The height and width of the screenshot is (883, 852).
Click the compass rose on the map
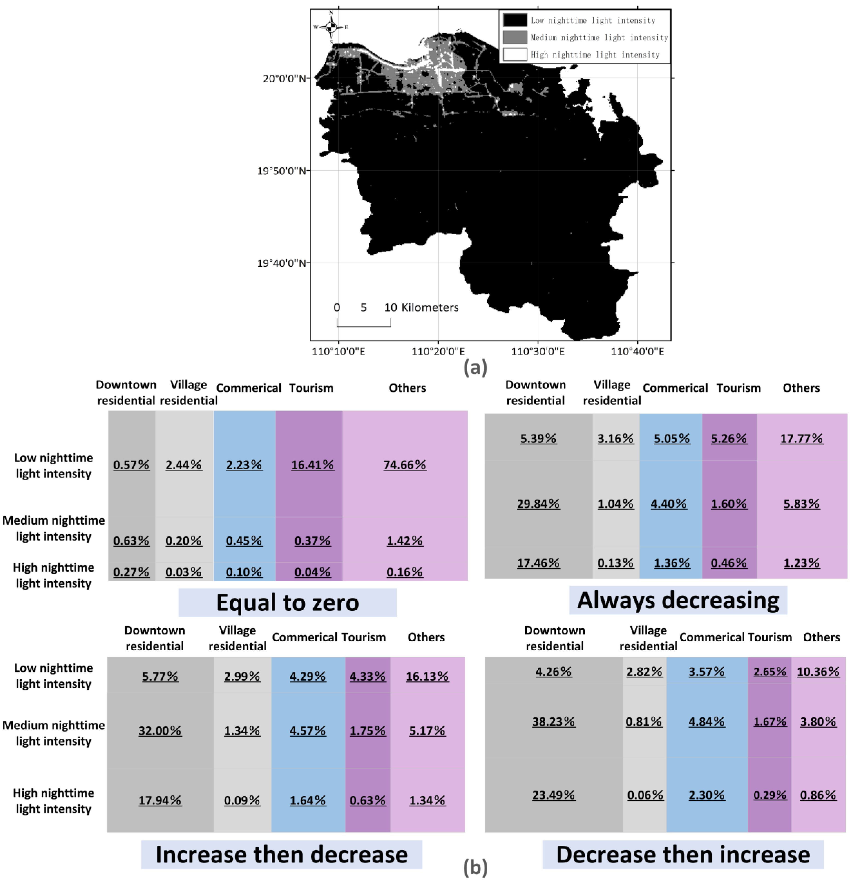(x=331, y=27)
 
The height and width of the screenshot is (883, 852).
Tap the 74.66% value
(x=404, y=465)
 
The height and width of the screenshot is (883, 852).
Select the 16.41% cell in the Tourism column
(x=312, y=465)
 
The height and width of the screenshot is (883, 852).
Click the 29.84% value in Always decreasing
(x=538, y=504)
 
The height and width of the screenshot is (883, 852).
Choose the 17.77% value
(x=801, y=438)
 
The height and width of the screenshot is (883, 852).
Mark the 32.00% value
(x=160, y=731)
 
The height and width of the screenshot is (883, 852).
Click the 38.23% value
(x=553, y=722)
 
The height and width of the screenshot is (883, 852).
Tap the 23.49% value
(x=553, y=795)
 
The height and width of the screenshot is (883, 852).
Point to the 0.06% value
(x=645, y=795)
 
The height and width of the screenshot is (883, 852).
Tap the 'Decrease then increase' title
(x=683, y=855)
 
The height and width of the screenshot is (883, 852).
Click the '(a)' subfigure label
(x=475, y=368)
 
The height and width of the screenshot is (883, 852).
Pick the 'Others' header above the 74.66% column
(x=407, y=388)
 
